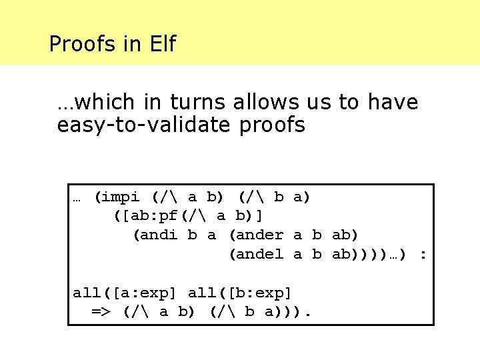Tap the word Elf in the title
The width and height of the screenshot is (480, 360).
161,45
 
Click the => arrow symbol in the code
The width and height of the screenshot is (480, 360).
101,312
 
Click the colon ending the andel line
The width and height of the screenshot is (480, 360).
422,254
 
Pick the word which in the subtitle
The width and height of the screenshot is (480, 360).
98,102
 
